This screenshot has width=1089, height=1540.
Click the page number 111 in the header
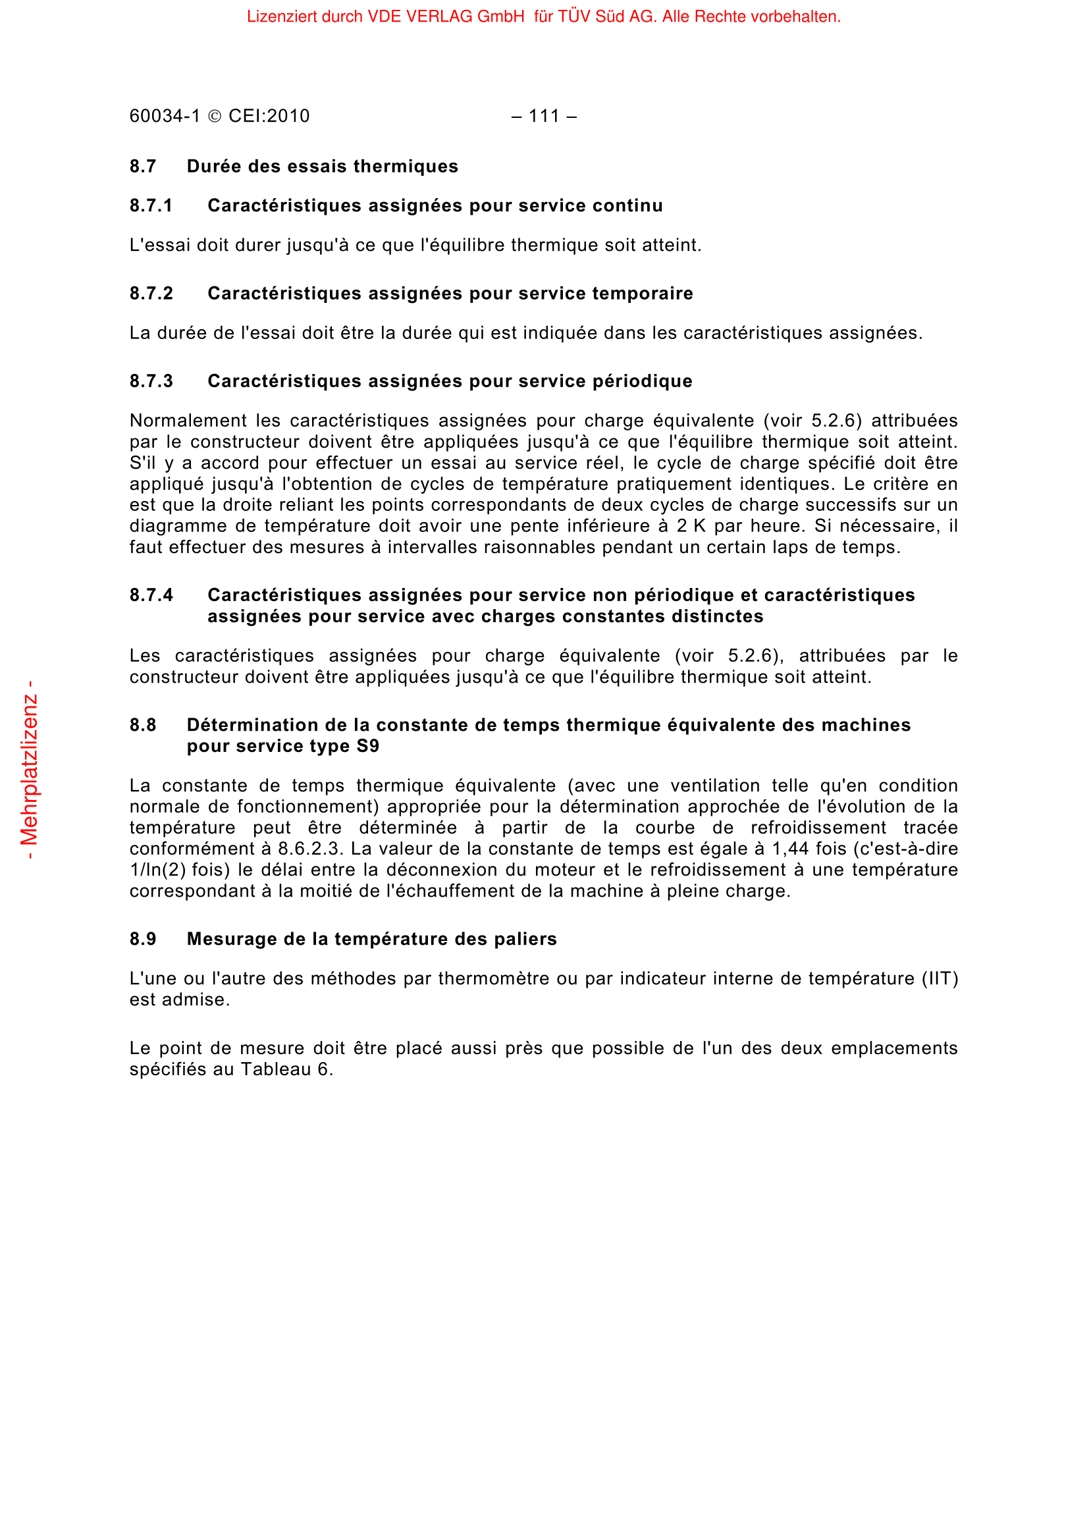point(543,116)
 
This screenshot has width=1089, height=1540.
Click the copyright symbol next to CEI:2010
point(215,117)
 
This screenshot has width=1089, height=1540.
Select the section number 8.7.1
point(151,206)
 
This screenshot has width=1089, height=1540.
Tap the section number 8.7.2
point(151,294)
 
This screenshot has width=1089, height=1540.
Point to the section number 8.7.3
point(151,382)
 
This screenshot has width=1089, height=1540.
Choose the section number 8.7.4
point(151,596)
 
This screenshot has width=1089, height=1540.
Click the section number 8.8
point(143,725)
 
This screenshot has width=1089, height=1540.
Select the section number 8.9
point(143,939)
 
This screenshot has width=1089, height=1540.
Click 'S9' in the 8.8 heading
point(367,747)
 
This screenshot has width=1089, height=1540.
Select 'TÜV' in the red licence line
point(573,16)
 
